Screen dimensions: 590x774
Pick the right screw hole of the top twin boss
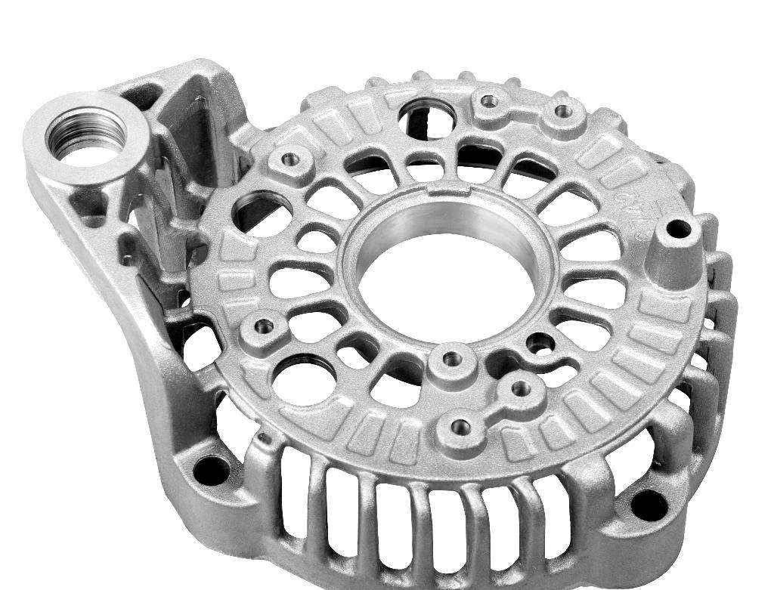560,112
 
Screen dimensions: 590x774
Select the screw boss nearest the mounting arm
290,159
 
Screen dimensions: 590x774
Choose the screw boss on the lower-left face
264,327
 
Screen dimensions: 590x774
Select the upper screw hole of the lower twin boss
519,388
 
